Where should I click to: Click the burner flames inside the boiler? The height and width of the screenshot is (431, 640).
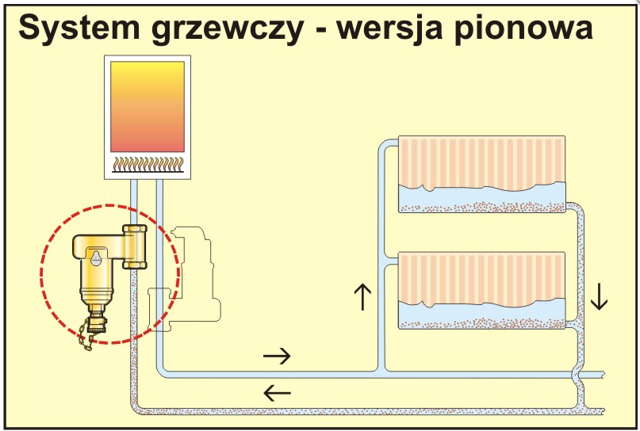tap(149, 164)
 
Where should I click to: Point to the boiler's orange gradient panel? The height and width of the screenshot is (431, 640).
tap(149, 107)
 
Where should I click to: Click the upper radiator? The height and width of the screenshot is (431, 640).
tap(481, 174)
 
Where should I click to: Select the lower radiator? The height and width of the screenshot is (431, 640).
tap(481, 290)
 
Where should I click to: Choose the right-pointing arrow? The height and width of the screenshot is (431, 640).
tap(277, 356)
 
